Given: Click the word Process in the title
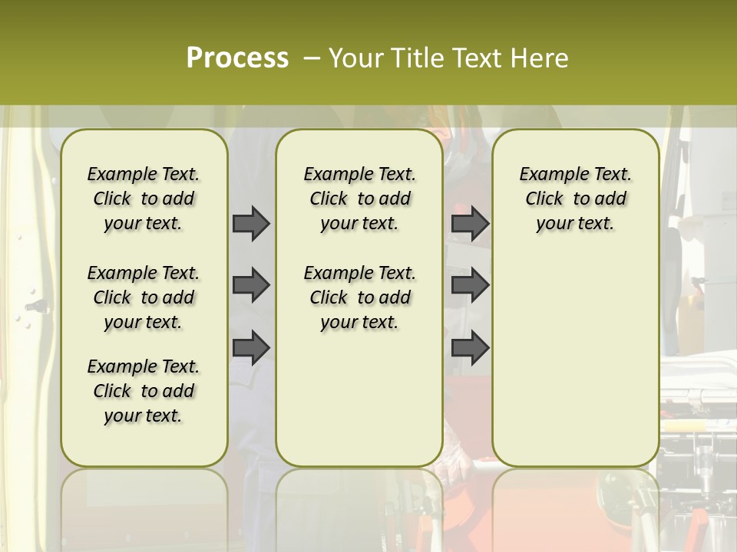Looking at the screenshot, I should [x=237, y=58].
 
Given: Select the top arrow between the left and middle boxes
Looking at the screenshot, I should [x=251, y=224].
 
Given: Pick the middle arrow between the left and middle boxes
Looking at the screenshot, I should [x=251, y=285].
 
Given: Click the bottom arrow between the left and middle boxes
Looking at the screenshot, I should [x=251, y=347].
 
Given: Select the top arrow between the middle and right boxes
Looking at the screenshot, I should [x=470, y=224].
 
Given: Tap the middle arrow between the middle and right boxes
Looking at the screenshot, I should [x=470, y=285].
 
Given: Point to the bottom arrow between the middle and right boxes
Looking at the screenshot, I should [x=470, y=347].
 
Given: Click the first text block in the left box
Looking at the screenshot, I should [x=144, y=199].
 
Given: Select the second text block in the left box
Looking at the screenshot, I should [x=144, y=297].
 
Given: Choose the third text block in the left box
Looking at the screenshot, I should [x=144, y=391].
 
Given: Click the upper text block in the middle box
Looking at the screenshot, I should [x=359, y=199].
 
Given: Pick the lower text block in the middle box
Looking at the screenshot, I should [x=359, y=297].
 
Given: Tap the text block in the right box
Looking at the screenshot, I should [x=575, y=199].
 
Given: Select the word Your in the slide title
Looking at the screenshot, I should [x=355, y=58].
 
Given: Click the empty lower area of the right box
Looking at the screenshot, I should [x=575, y=360].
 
